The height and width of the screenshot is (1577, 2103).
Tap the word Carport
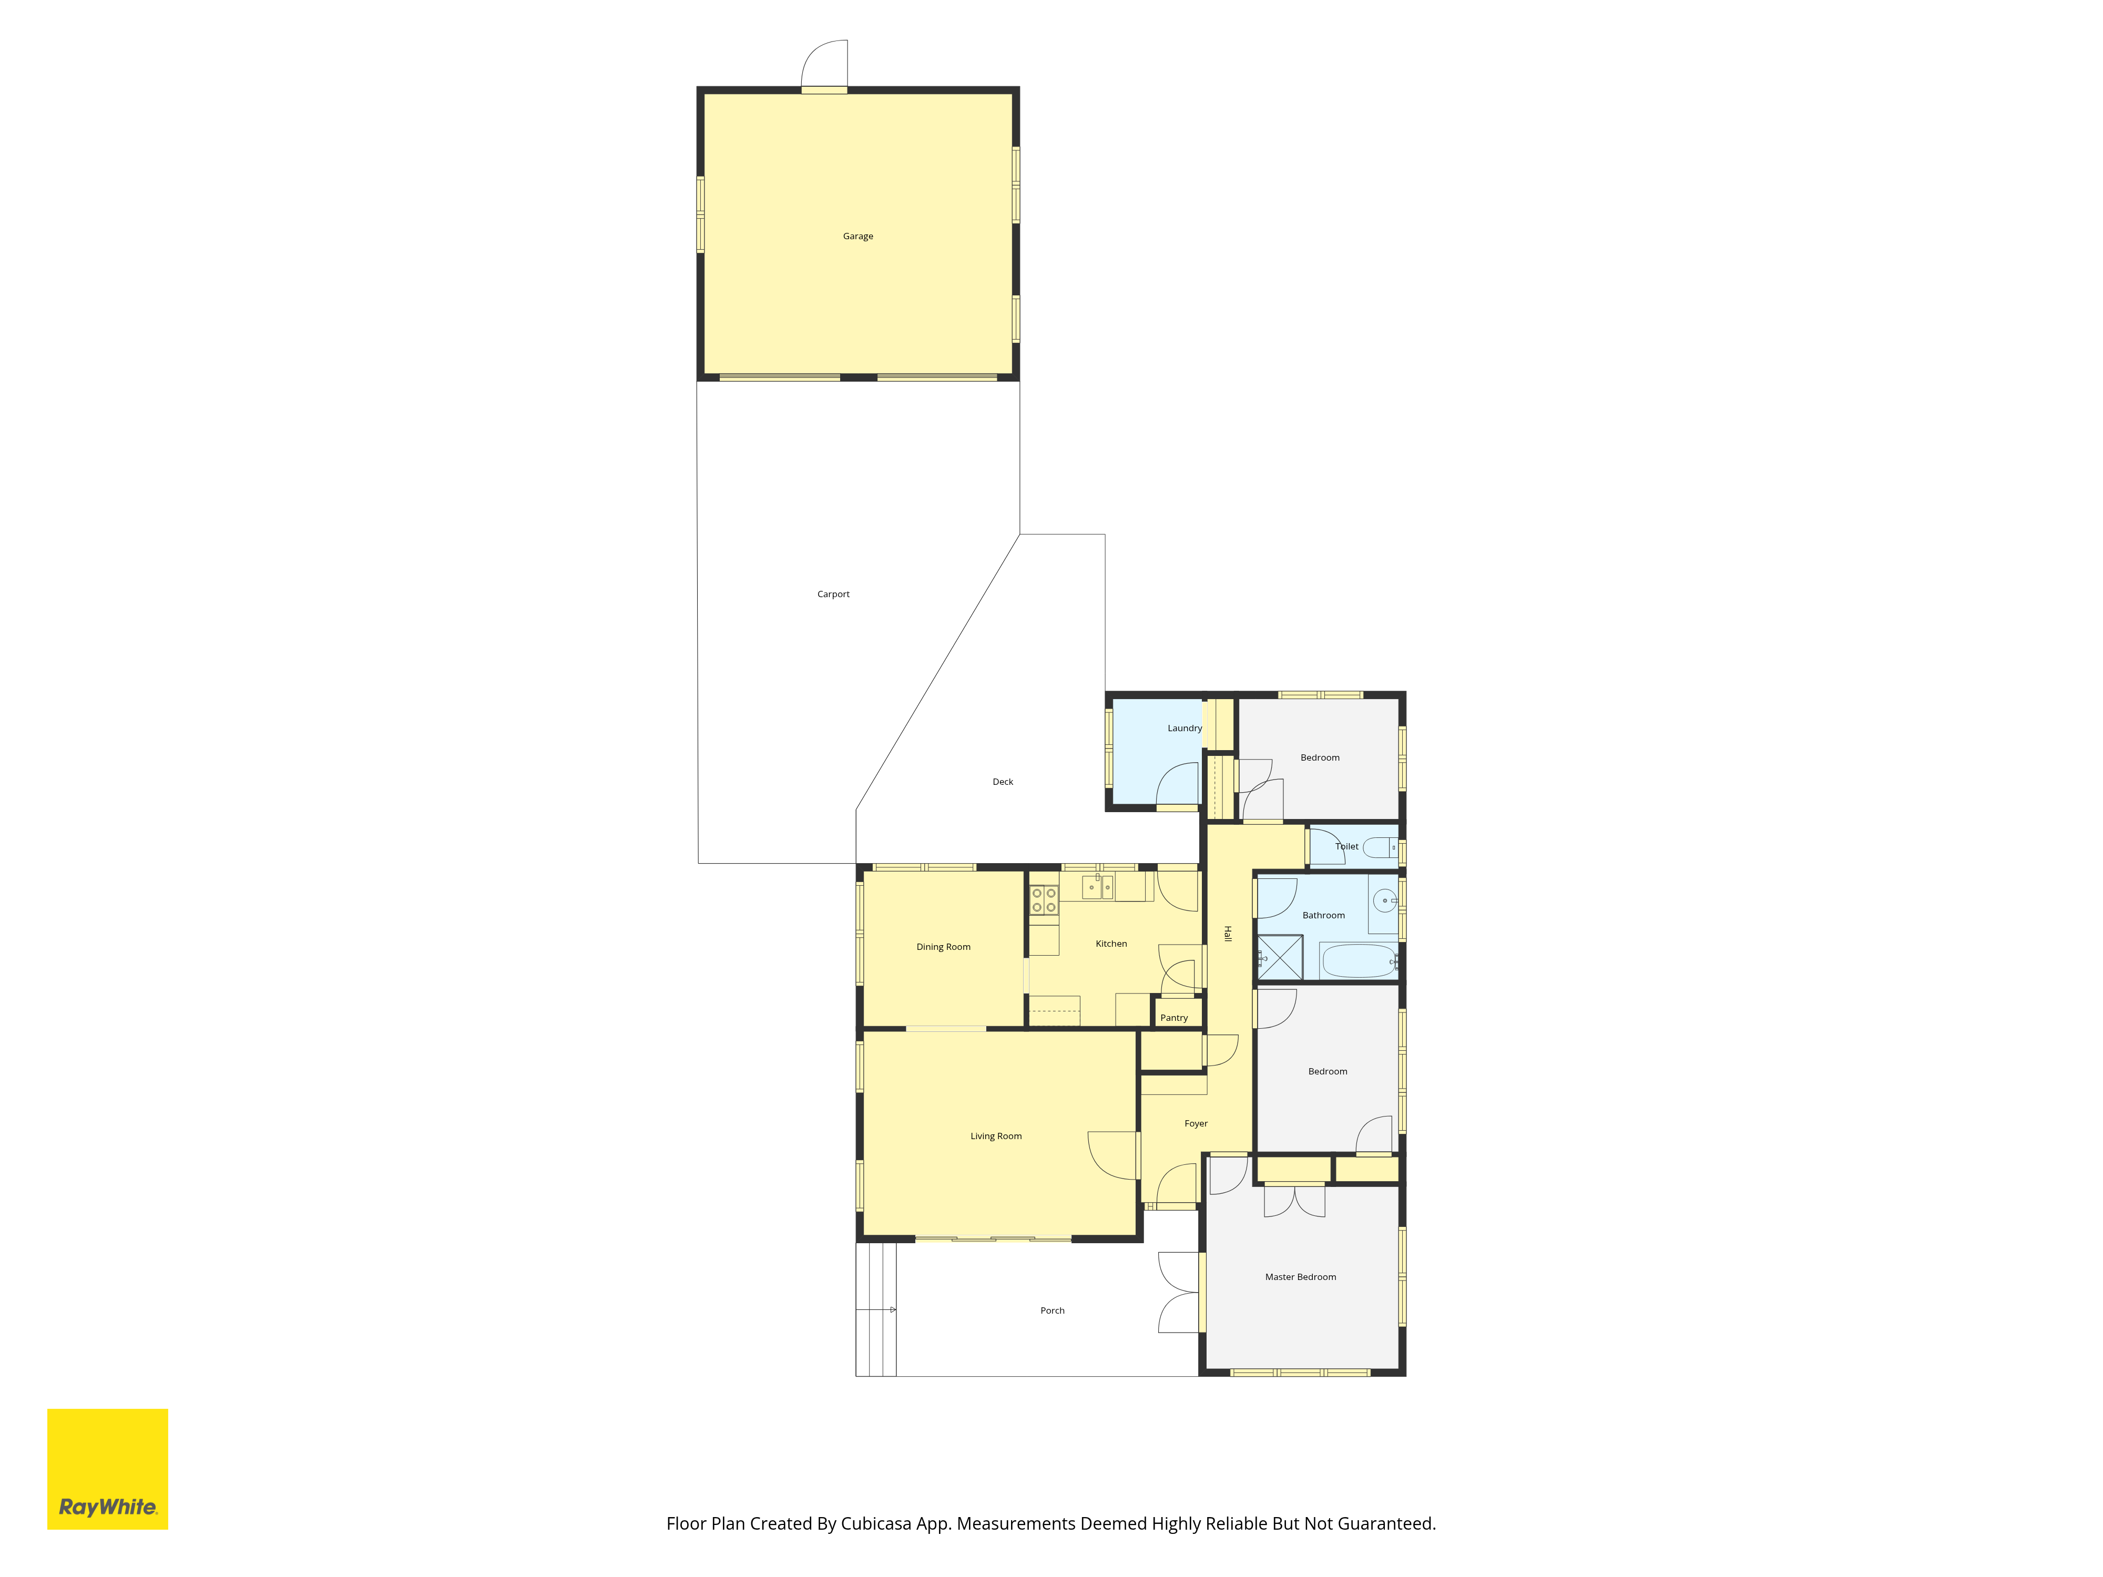[833, 594]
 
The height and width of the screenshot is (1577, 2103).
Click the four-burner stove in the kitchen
[1044, 900]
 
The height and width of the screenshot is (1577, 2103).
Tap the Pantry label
[1174, 1018]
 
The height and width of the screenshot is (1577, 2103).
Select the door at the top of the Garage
[824, 65]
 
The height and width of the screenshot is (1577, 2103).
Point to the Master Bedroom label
[1301, 1277]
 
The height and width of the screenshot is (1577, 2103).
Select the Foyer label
[1196, 1123]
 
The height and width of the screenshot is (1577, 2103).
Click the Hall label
[1228, 934]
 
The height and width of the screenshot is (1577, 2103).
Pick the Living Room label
[996, 1136]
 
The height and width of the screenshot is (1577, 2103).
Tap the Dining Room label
[943, 947]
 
